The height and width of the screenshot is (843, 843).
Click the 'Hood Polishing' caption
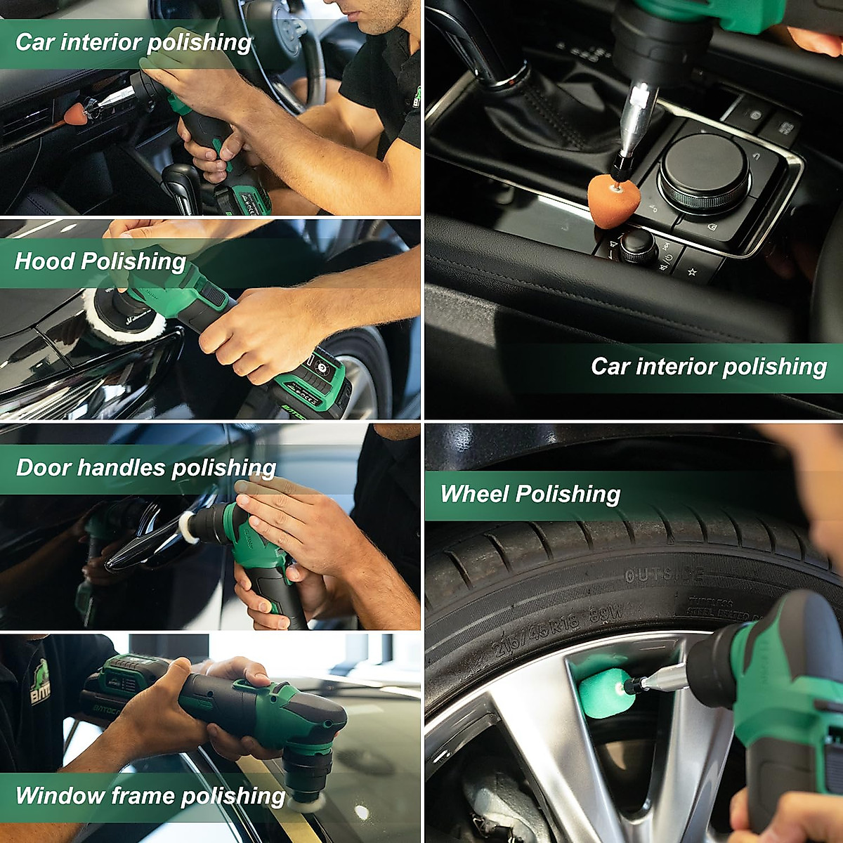(x=100, y=261)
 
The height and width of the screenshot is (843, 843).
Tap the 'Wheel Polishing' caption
(x=530, y=494)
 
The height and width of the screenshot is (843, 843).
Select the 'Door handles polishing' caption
(x=146, y=468)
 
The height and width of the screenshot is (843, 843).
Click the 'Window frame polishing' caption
(x=150, y=796)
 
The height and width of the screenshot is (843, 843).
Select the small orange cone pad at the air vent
(x=75, y=114)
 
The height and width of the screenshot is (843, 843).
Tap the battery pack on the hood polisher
(x=316, y=383)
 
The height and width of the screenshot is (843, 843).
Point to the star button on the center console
(x=692, y=271)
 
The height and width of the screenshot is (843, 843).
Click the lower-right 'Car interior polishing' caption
(x=708, y=367)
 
